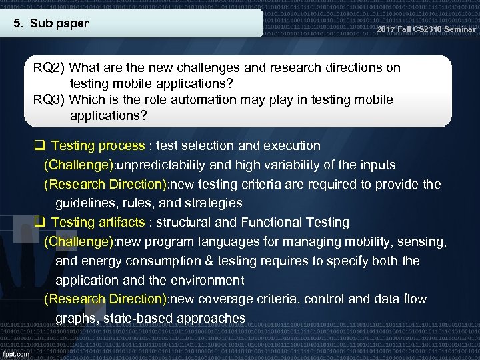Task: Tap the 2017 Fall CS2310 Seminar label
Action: (426, 29)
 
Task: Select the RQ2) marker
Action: (49, 68)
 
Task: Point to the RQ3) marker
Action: (49, 100)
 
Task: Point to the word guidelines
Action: (85, 203)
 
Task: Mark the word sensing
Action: (425, 241)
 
